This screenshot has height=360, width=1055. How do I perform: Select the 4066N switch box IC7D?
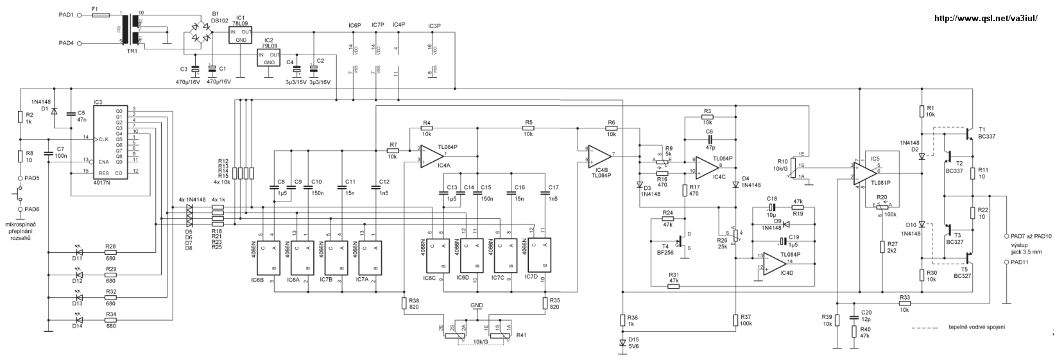point(538,255)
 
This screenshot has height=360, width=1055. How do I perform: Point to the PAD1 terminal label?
point(66,13)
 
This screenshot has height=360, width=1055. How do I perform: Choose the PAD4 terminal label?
point(66,43)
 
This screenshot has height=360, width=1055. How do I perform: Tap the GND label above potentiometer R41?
point(476,305)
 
